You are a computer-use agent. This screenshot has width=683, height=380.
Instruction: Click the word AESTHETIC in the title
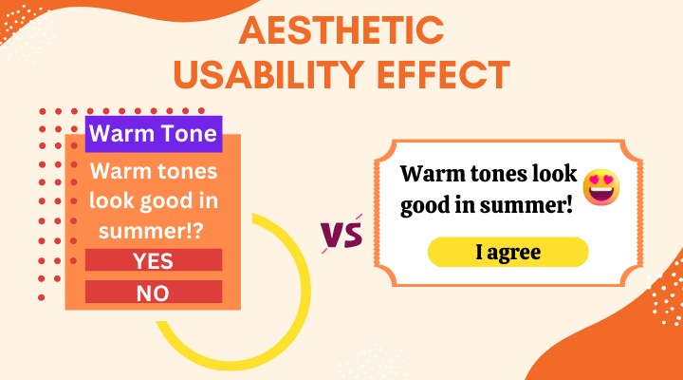coord(341,30)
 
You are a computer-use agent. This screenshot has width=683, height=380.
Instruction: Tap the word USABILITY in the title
coord(268,75)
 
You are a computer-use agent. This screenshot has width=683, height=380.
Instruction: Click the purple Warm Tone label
coord(154,134)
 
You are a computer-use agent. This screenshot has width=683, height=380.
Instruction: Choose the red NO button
coord(154,292)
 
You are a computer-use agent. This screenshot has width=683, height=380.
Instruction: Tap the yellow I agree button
coord(508,252)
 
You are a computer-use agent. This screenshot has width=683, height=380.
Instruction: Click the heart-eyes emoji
coord(601,187)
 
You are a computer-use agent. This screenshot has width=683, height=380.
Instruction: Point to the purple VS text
coord(341,235)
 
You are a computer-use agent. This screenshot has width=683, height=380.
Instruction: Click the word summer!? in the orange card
coord(151,230)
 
